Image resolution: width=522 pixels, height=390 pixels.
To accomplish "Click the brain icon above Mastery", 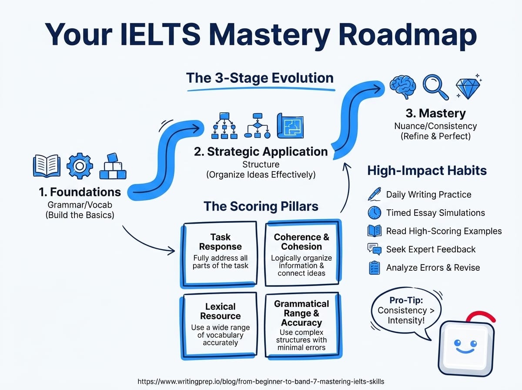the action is tap(403, 87).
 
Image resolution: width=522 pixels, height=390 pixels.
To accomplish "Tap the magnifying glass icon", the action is tap(435, 87).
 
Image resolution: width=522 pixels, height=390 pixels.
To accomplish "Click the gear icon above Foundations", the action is tap(80, 166).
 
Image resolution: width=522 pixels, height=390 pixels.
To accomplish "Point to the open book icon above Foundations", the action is tap(47, 165).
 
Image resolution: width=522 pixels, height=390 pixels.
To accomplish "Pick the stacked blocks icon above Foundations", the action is tap(113, 166).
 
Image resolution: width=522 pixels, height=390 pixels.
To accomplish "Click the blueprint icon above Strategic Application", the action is tap(290, 126).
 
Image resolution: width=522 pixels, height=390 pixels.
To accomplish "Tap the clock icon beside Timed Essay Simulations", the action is tap(375, 212).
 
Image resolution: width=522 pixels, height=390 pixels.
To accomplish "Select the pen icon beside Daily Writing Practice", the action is tap(375, 194).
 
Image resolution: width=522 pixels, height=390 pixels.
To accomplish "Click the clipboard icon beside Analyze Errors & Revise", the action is tap(375, 268).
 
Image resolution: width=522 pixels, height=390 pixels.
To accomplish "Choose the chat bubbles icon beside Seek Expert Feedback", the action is tap(375, 249).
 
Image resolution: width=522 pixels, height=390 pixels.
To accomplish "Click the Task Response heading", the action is tap(221, 242).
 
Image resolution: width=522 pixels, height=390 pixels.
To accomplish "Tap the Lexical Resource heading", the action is tap(221, 311).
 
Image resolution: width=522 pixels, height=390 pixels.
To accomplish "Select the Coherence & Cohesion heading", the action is tap(301, 242).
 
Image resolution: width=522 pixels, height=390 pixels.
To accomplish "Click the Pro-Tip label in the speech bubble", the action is tap(406, 300).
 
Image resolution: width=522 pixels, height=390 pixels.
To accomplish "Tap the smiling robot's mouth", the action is tap(465, 351).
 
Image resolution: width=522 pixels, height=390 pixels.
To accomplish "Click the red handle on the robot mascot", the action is tap(480, 315).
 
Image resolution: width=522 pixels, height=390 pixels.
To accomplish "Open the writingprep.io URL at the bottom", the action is tap(261, 382).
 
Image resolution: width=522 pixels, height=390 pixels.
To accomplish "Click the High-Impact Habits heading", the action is tap(427, 170).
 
